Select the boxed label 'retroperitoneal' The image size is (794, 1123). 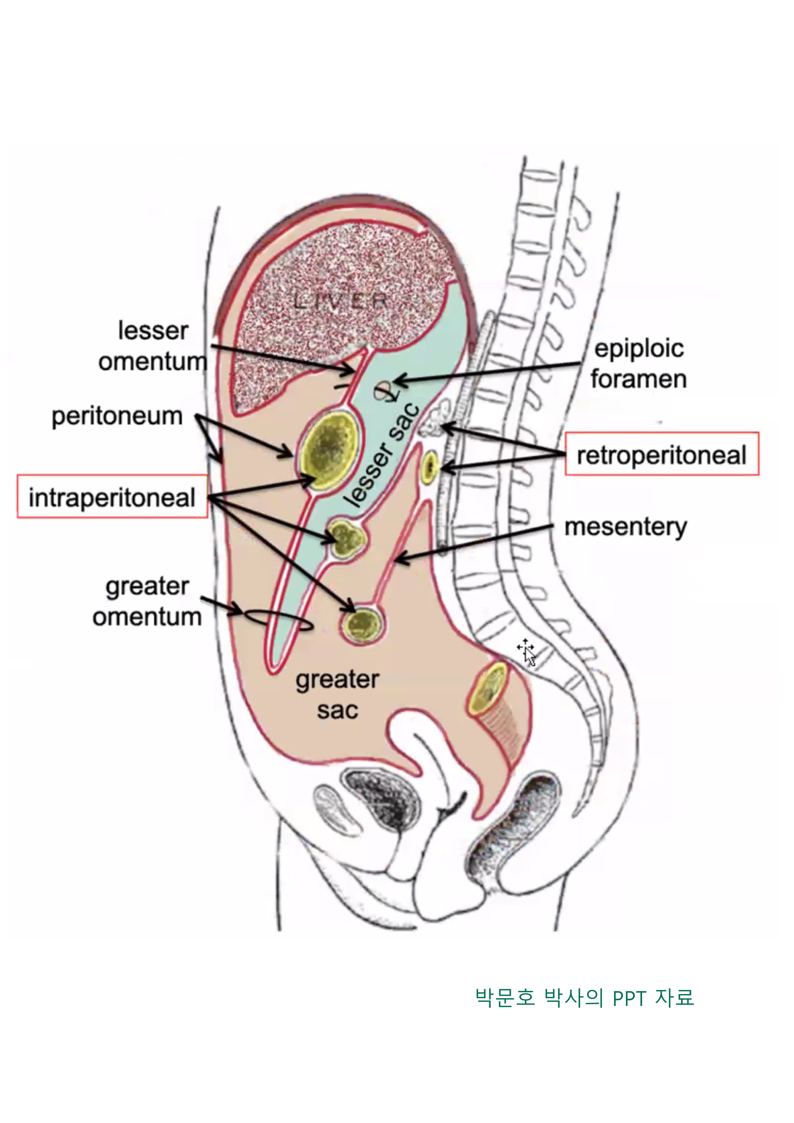(661, 454)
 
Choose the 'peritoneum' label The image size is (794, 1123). (117, 416)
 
